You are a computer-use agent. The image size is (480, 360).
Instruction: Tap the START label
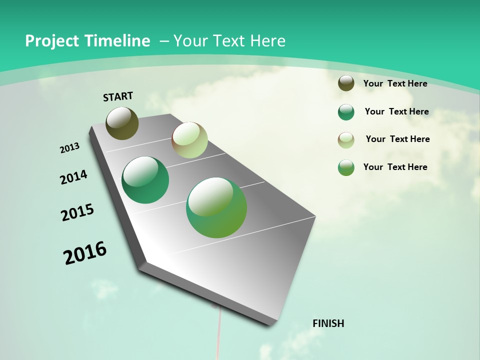click(118, 96)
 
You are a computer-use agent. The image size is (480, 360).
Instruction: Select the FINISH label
click(328, 323)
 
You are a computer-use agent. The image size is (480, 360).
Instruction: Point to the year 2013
click(69, 147)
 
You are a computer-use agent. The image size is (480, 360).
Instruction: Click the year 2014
click(73, 177)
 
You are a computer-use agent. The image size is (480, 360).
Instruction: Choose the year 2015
click(77, 212)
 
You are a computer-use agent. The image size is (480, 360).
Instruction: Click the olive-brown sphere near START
click(122, 123)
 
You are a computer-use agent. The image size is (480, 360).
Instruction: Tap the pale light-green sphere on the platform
click(189, 140)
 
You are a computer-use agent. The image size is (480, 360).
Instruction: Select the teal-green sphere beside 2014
click(145, 180)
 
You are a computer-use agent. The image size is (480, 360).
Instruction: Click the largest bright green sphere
click(216, 207)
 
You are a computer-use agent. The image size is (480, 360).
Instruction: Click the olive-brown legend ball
click(346, 83)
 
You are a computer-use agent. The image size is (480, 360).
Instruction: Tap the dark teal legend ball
click(346, 112)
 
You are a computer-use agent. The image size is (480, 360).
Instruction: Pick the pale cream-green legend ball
click(346, 140)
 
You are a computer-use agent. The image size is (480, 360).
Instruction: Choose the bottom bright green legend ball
click(346, 168)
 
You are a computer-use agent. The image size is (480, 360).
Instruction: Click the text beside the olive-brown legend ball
click(395, 83)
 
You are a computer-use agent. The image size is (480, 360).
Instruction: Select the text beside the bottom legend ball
click(395, 167)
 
